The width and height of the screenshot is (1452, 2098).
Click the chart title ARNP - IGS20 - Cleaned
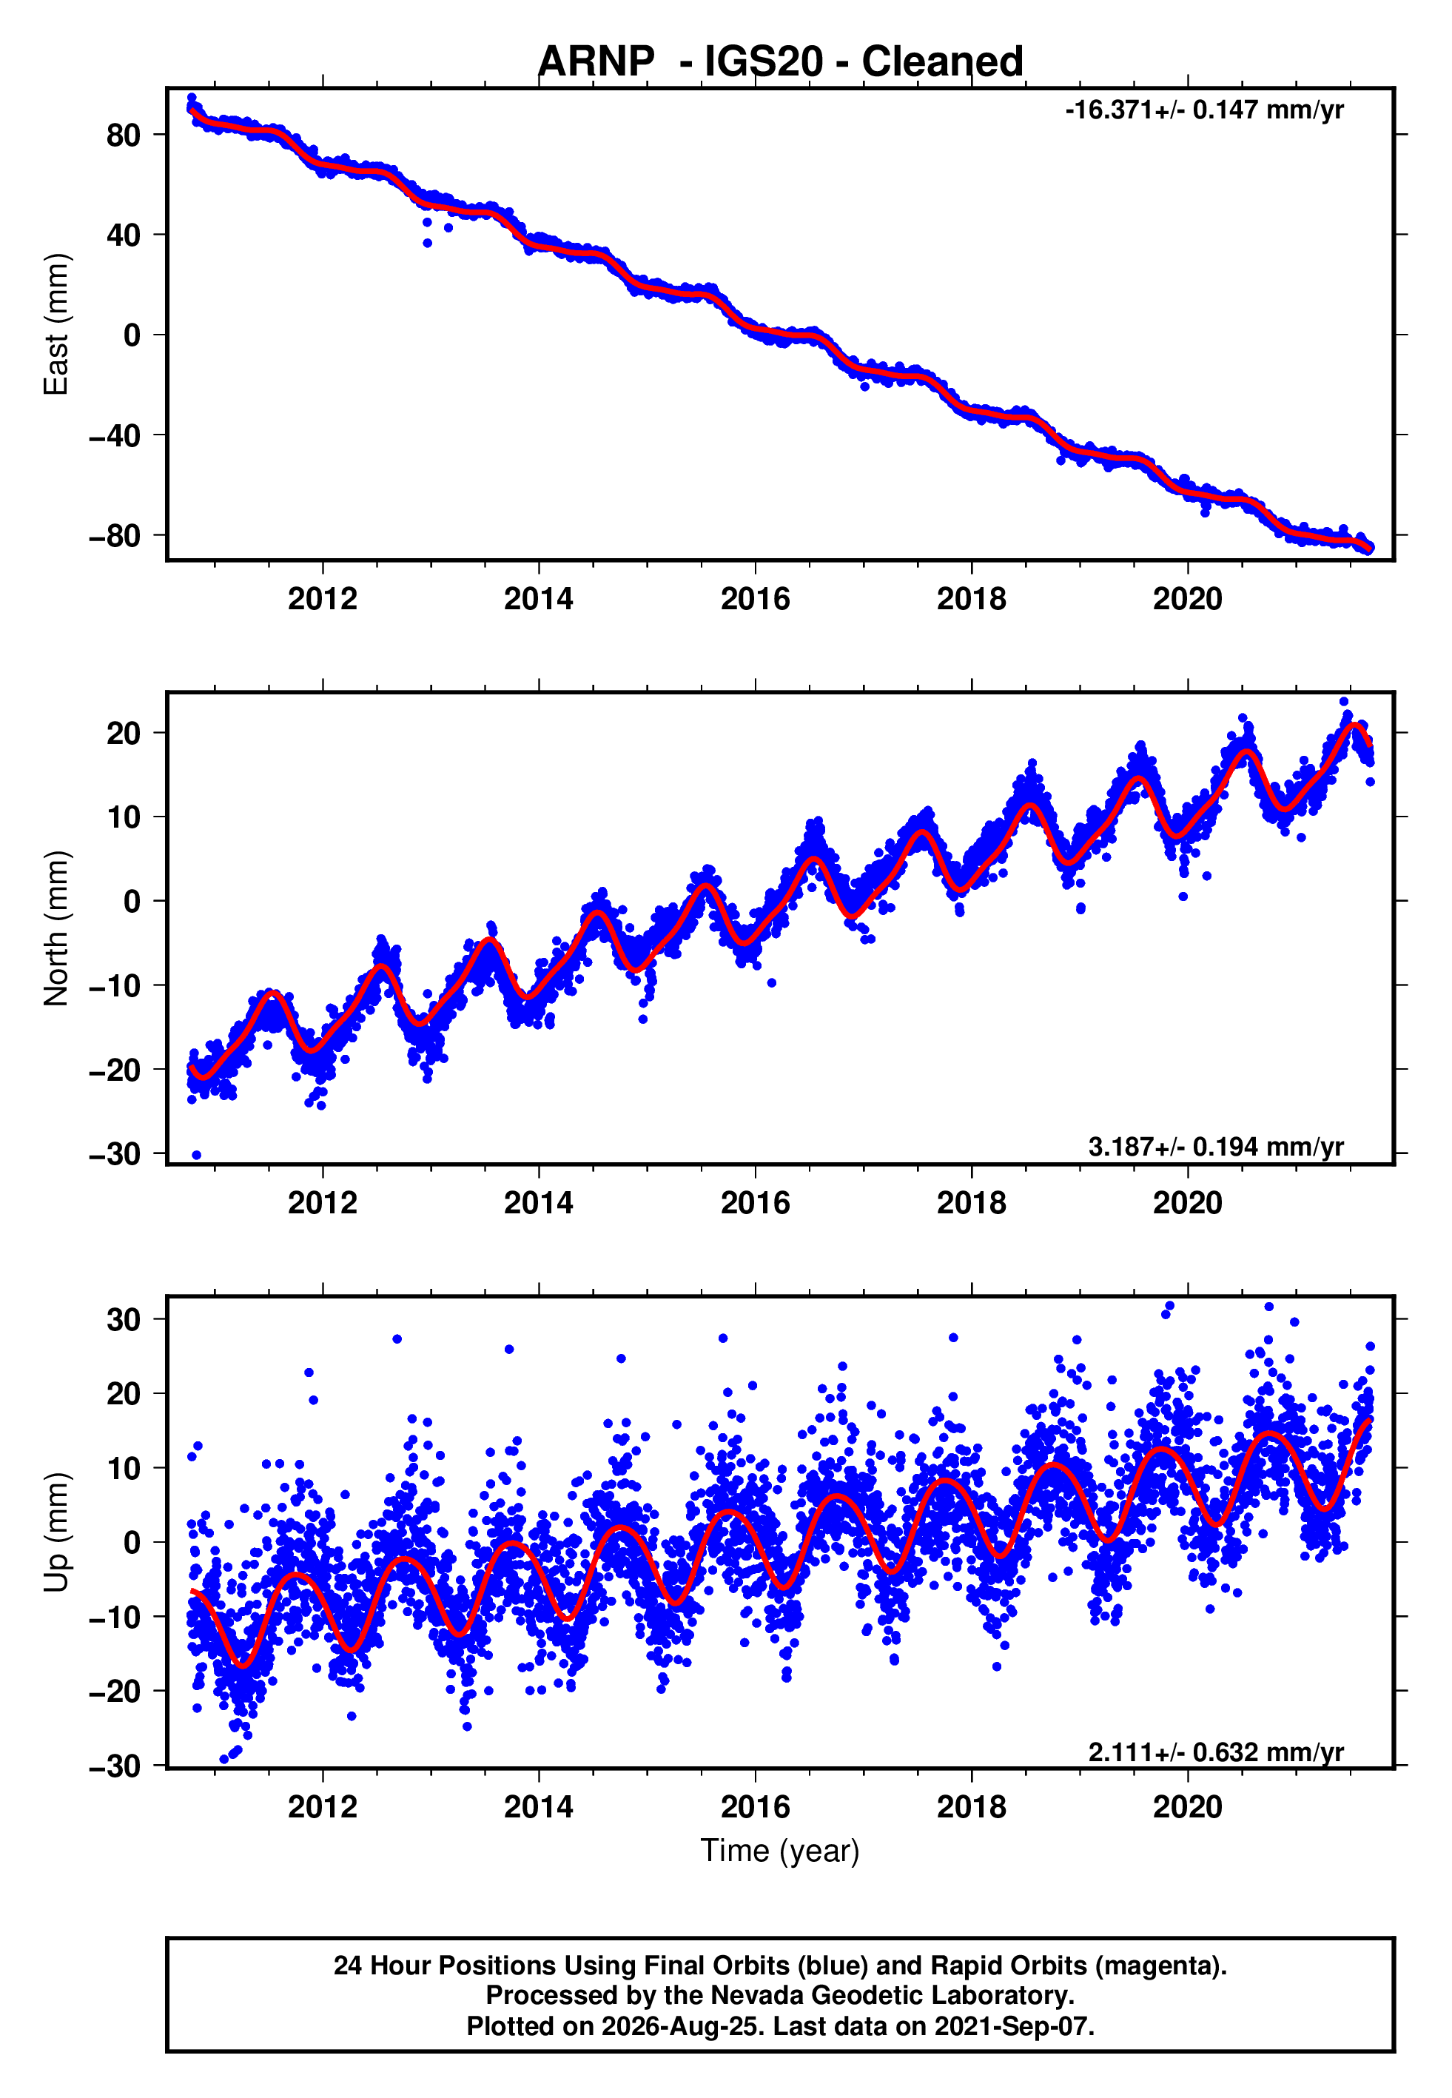780,62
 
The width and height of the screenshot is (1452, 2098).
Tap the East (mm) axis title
56,324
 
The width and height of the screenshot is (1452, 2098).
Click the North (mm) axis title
56,928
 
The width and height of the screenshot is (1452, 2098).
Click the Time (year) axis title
780,1851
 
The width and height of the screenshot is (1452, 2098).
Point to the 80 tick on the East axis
124,135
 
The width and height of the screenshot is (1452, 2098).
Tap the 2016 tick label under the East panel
755,599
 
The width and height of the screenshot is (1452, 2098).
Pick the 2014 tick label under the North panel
539,1203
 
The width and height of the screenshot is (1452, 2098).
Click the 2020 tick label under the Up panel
1187,1807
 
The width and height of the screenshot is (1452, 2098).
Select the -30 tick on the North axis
115,1153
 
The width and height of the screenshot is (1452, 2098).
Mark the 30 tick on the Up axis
124,1319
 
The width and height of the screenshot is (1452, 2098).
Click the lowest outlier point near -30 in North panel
197,1156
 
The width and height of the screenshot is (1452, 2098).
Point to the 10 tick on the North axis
124,817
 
